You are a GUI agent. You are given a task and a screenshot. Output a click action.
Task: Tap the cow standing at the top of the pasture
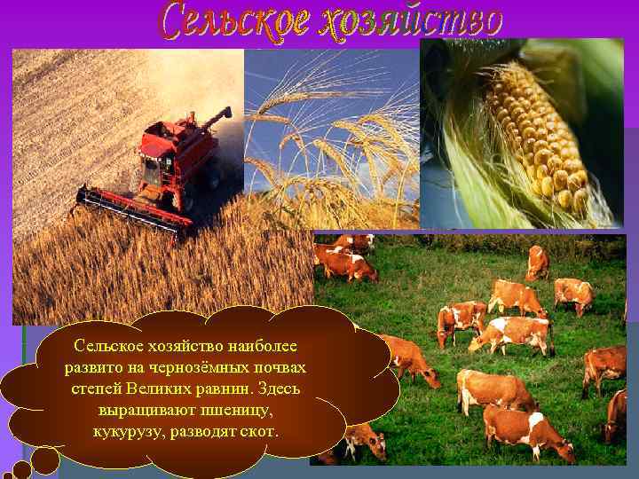pyautogui.click(x=538, y=262)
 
